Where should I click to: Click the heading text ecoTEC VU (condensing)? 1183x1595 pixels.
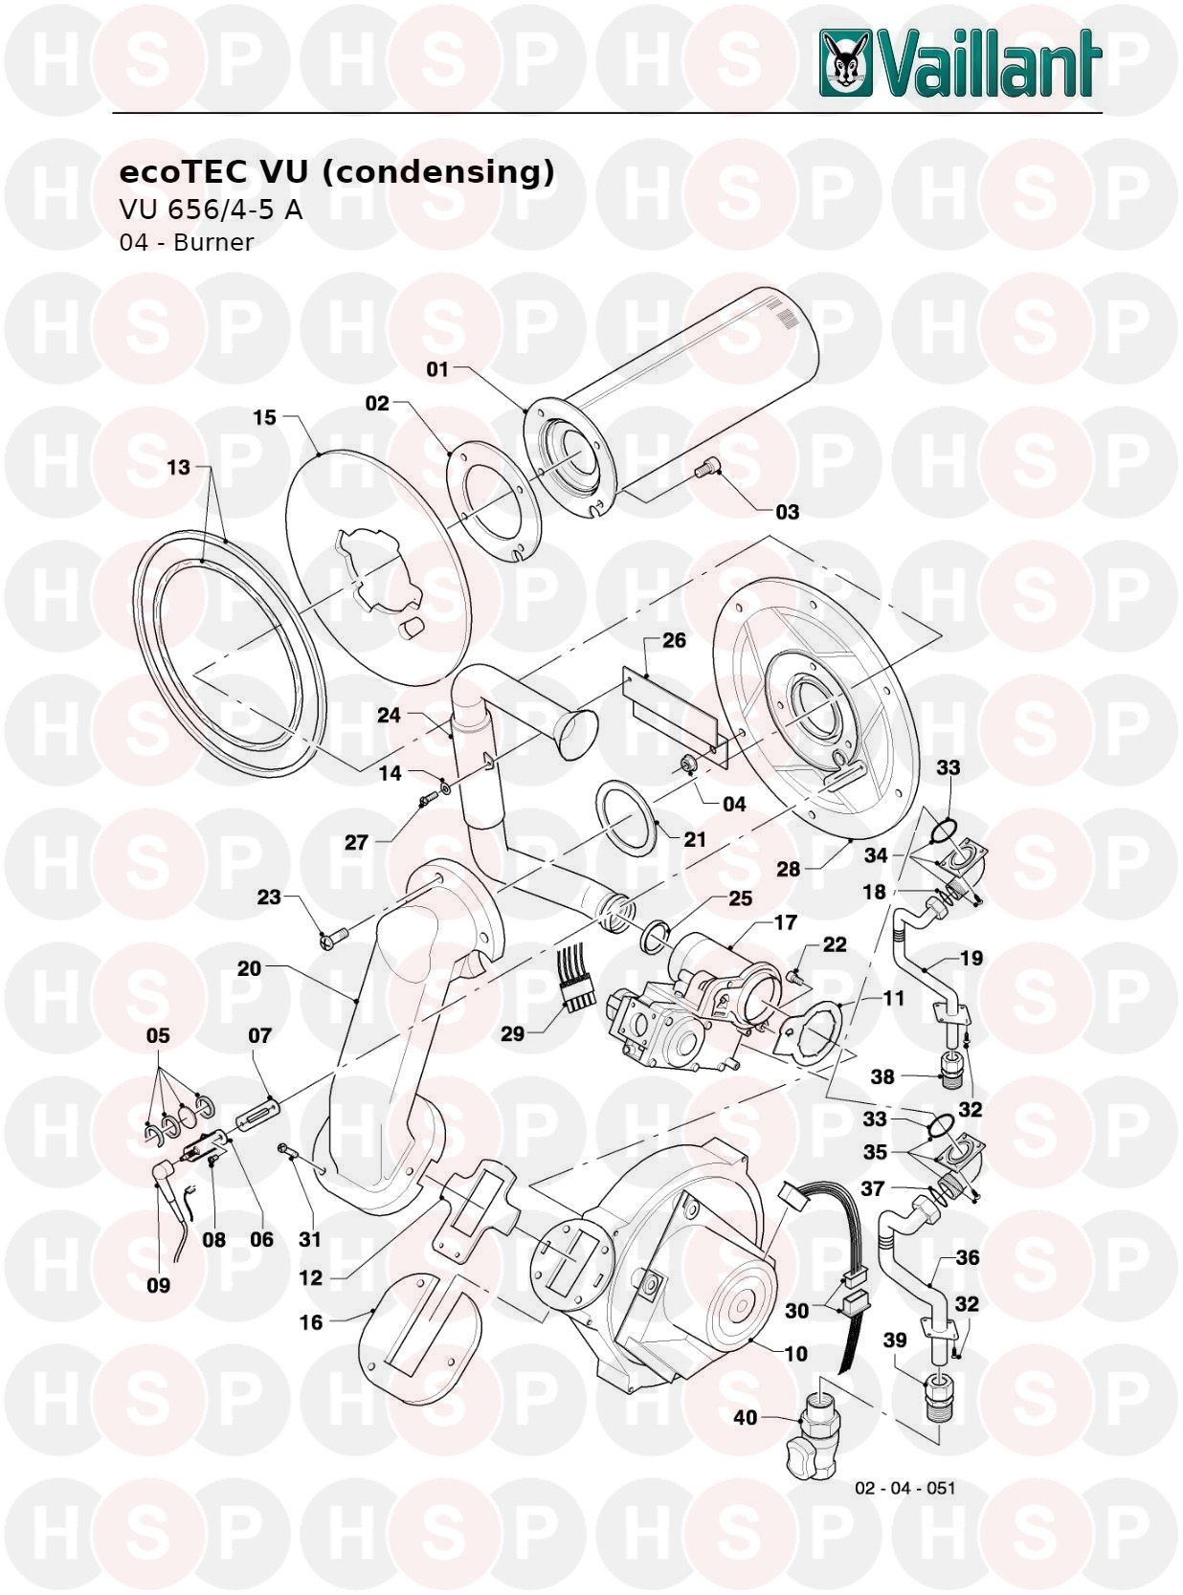tap(336, 172)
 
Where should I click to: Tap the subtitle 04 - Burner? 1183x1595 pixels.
tap(186, 242)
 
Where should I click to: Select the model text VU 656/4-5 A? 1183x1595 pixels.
tap(211, 210)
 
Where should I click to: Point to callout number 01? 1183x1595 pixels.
tap(437, 369)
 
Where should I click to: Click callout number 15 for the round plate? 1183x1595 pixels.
tap(265, 417)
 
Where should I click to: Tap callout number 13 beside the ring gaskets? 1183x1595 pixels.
tap(178, 468)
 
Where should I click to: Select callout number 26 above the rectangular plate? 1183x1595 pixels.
tap(674, 640)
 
